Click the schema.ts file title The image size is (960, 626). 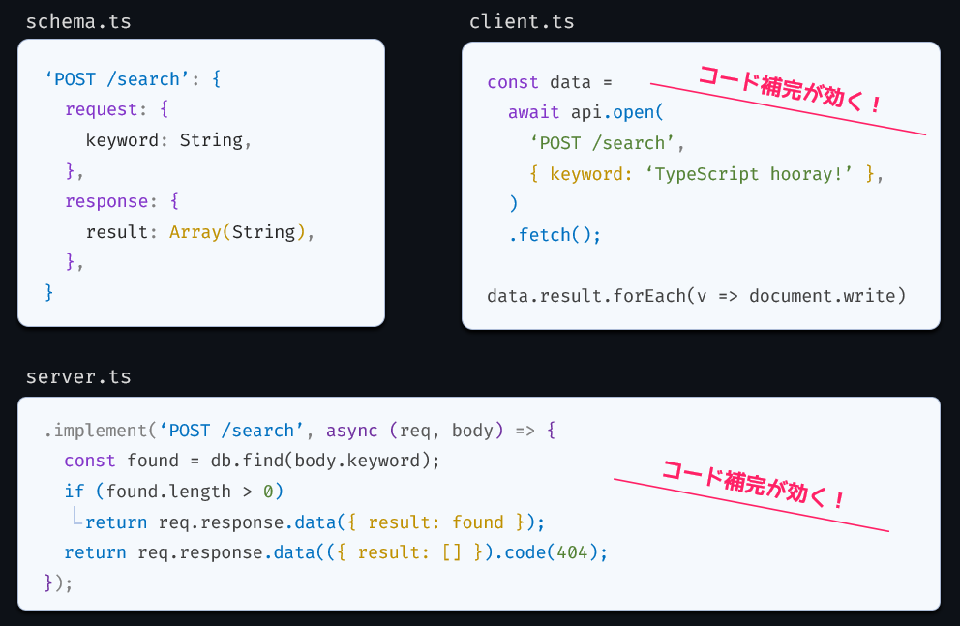click(78, 22)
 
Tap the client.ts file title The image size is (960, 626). click(522, 22)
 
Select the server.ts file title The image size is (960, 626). click(78, 377)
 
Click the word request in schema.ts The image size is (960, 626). click(101, 109)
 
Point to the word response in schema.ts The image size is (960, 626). click(106, 201)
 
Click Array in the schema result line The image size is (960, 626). click(195, 232)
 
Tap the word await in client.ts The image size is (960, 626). click(533, 112)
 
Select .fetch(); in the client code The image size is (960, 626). click(555, 235)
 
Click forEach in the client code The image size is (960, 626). click(649, 296)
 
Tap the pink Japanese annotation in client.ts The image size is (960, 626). click(790, 90)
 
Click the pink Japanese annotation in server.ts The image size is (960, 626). click(754, 485)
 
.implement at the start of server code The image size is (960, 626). click(95, 431)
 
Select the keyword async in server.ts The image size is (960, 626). click(351, 431)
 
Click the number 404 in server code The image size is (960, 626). click(572, 552)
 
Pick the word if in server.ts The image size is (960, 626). click(75, 492)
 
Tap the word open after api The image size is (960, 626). click(633, 112)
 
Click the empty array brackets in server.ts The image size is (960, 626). click(452, 552)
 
